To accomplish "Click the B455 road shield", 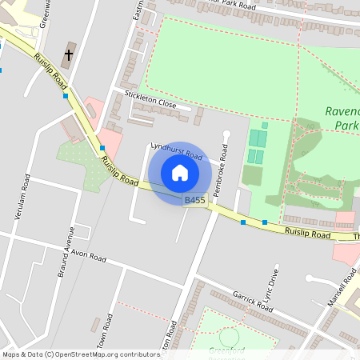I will point(194,201).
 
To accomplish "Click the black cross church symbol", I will point(69,56).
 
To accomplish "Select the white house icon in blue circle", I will point(180,173).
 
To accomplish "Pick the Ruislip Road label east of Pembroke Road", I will point(309,234).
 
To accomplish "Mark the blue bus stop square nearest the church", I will point(66,96).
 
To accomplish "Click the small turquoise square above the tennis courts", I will point(264,125).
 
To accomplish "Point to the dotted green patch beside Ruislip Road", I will point(82,166).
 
